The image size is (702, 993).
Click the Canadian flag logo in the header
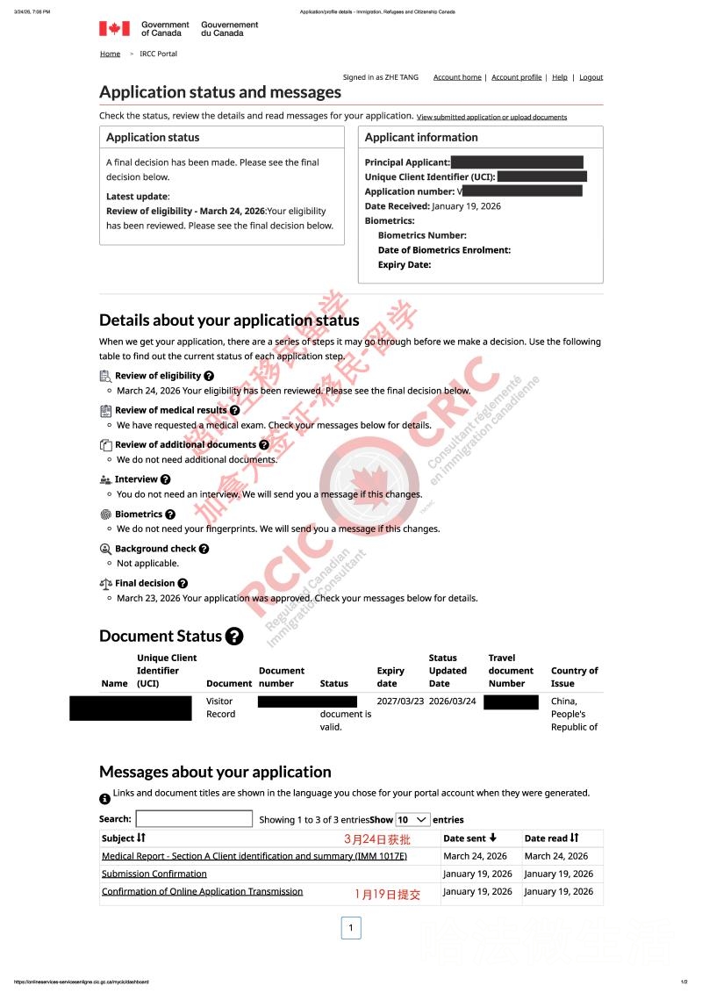(114, 29)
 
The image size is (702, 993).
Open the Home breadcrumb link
(110, 54)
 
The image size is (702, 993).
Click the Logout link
(591, 77)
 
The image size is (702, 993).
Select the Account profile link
(516, 77)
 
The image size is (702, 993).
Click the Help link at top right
(559, 77)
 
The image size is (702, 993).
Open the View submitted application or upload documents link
(491, 117)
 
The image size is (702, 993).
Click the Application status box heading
(153, 137)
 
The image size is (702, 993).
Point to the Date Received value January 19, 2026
(467, 205)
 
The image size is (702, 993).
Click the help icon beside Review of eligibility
(209, 376)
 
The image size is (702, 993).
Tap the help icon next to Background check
(204, 549)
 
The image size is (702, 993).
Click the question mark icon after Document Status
(234, 637)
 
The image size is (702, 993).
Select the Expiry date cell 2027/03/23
(400, 702)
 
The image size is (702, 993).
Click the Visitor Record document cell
(220, 708)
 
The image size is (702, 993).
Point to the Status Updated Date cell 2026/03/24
(452, 702)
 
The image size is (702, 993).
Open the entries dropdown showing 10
(412, 819)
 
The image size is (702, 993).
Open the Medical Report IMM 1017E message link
(254, 856)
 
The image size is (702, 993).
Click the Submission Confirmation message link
(154, 874)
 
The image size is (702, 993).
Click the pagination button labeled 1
(350, 927)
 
